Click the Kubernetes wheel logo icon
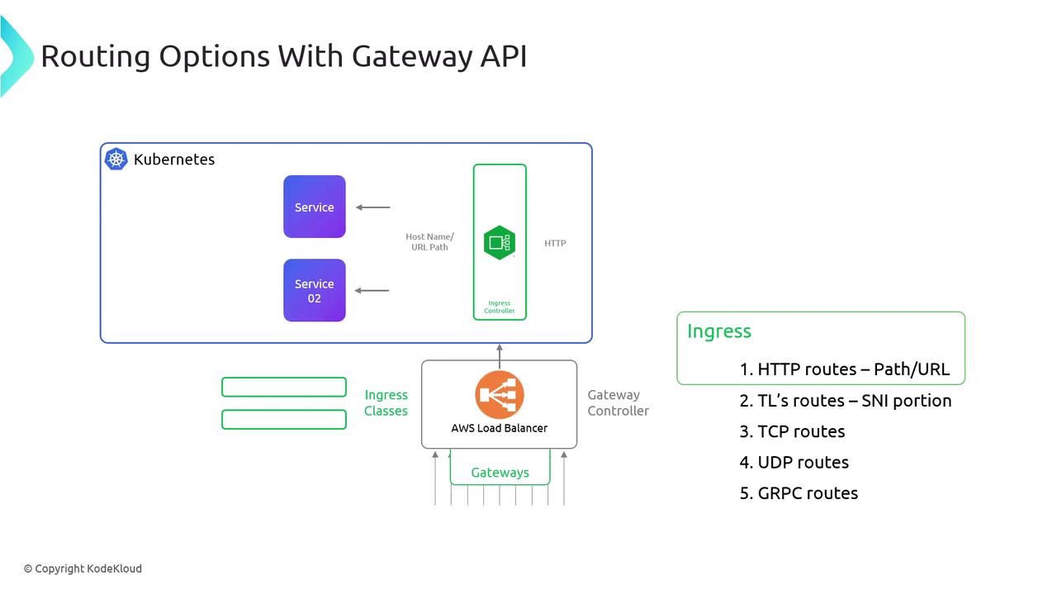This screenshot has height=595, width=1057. coord(116,159)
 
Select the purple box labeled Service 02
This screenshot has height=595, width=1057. coord(315,290)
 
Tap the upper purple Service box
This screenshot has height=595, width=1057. coord(315,207)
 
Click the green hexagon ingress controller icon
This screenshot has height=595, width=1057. coord(500,242)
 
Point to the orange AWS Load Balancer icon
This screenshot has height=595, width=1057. coord(500,394)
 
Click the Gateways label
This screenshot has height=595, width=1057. coord(500,473)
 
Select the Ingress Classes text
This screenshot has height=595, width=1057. coord(386,402)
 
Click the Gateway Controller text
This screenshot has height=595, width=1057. coord(618,402)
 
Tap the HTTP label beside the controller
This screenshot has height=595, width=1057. coord(555,243)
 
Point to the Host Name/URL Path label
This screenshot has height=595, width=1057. coord(429,242)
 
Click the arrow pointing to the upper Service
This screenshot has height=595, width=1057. coord(373,207)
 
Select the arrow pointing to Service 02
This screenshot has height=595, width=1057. coord(372,290)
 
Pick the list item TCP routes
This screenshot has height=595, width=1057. coord(792,431)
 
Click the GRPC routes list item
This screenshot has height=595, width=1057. coord(799,493)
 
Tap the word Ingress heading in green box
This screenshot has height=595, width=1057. coord(719,331)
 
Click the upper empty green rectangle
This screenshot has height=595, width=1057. coord(284,387)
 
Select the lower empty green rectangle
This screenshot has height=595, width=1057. coord(284,420)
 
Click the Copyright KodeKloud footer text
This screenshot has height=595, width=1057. coord(83,569)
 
